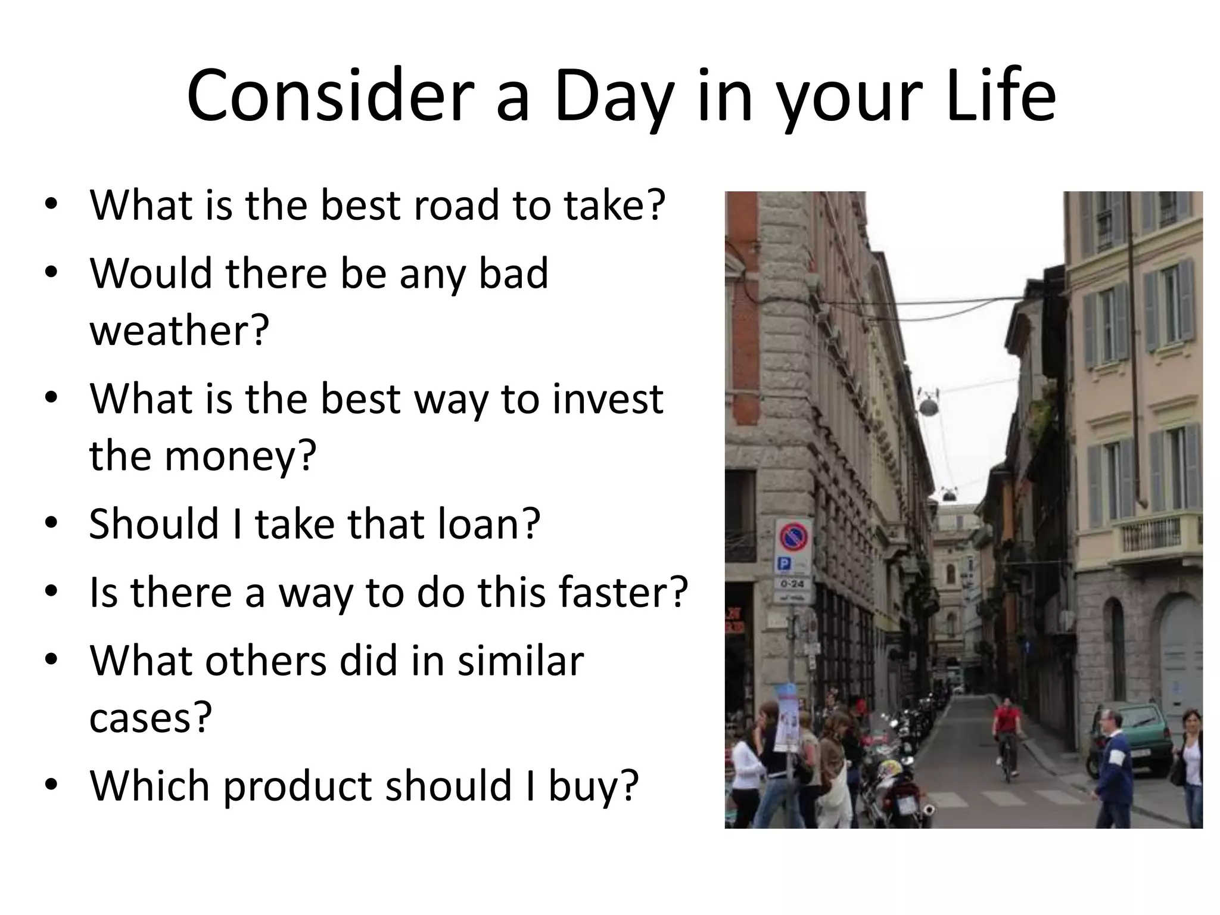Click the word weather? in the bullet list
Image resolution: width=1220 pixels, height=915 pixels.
coord(179,331)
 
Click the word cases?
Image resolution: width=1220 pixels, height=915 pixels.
coord(151,718)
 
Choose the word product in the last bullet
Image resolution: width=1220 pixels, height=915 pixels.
coord(298,786)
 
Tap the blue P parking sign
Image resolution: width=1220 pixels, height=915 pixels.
coord(785,564)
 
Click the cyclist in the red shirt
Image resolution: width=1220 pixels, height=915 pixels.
coord(1006,733)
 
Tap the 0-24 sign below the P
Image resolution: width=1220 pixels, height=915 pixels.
coord(792,583)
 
